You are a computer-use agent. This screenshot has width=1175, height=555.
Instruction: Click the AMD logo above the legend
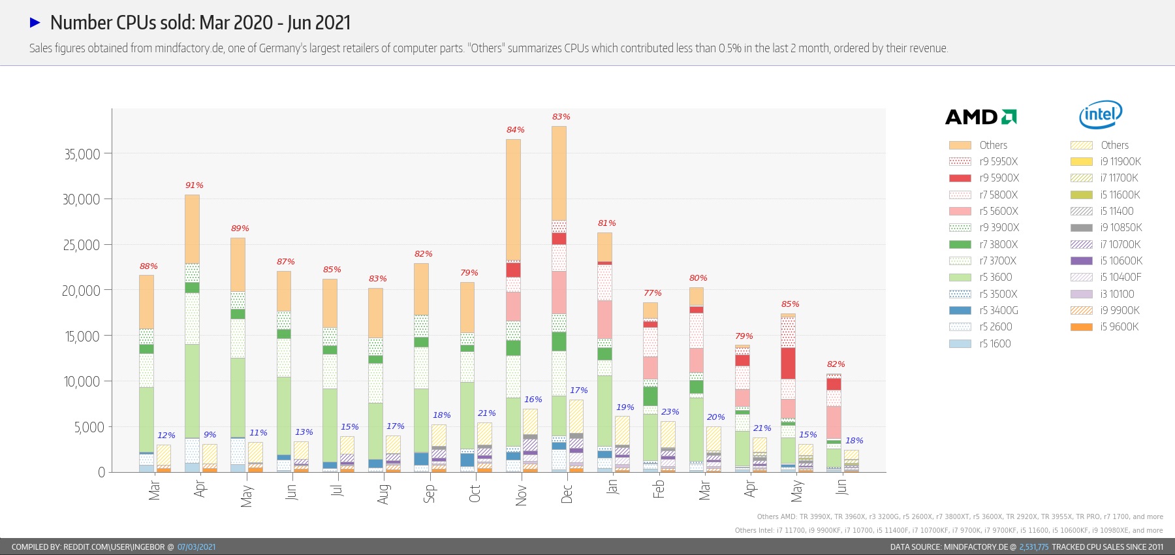(980, 117)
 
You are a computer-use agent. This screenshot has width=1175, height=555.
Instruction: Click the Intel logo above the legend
(1101, 115)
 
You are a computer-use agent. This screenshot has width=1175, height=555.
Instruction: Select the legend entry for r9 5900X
(984, 178)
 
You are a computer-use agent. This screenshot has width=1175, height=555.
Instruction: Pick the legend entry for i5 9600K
(1104, 327)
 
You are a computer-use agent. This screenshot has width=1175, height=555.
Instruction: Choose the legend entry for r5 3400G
(984, 311)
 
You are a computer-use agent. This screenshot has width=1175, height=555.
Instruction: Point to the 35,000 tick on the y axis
(82, 155)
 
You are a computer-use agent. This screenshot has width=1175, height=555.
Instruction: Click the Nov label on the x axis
(521, 494)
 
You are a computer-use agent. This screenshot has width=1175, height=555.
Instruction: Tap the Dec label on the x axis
(567, 493)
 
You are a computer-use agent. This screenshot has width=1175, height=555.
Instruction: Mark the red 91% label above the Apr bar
(194, 185)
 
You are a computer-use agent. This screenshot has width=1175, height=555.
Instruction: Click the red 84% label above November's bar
(515, 130)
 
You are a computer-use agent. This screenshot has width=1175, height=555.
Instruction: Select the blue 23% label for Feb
(670, 412)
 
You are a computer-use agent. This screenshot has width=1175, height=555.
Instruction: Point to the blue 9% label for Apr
(210, 435)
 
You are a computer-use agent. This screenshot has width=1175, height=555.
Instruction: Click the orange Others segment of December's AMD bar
(559, 173)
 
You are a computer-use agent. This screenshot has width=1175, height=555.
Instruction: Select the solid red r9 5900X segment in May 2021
(788, 363)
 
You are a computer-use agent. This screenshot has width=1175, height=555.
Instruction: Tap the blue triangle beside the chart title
(35, 23)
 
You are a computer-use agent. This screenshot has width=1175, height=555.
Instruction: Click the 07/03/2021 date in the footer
(196, 547)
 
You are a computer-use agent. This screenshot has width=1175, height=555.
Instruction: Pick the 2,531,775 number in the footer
(1033, 547)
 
